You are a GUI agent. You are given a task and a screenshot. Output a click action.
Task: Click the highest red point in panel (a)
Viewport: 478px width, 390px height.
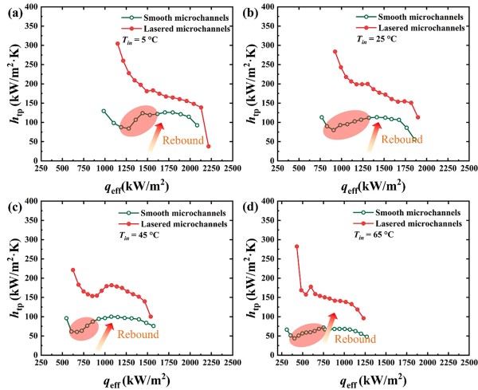click(117, 44)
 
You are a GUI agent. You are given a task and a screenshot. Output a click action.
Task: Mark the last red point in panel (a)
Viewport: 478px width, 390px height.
click(208, 146)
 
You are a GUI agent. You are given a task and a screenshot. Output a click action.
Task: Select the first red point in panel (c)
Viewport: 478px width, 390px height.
click(72, 270)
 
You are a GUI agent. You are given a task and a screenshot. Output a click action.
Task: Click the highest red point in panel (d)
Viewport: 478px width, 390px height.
click(296, 246)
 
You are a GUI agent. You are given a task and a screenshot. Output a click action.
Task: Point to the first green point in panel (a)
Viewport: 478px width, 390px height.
click(104, 111)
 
